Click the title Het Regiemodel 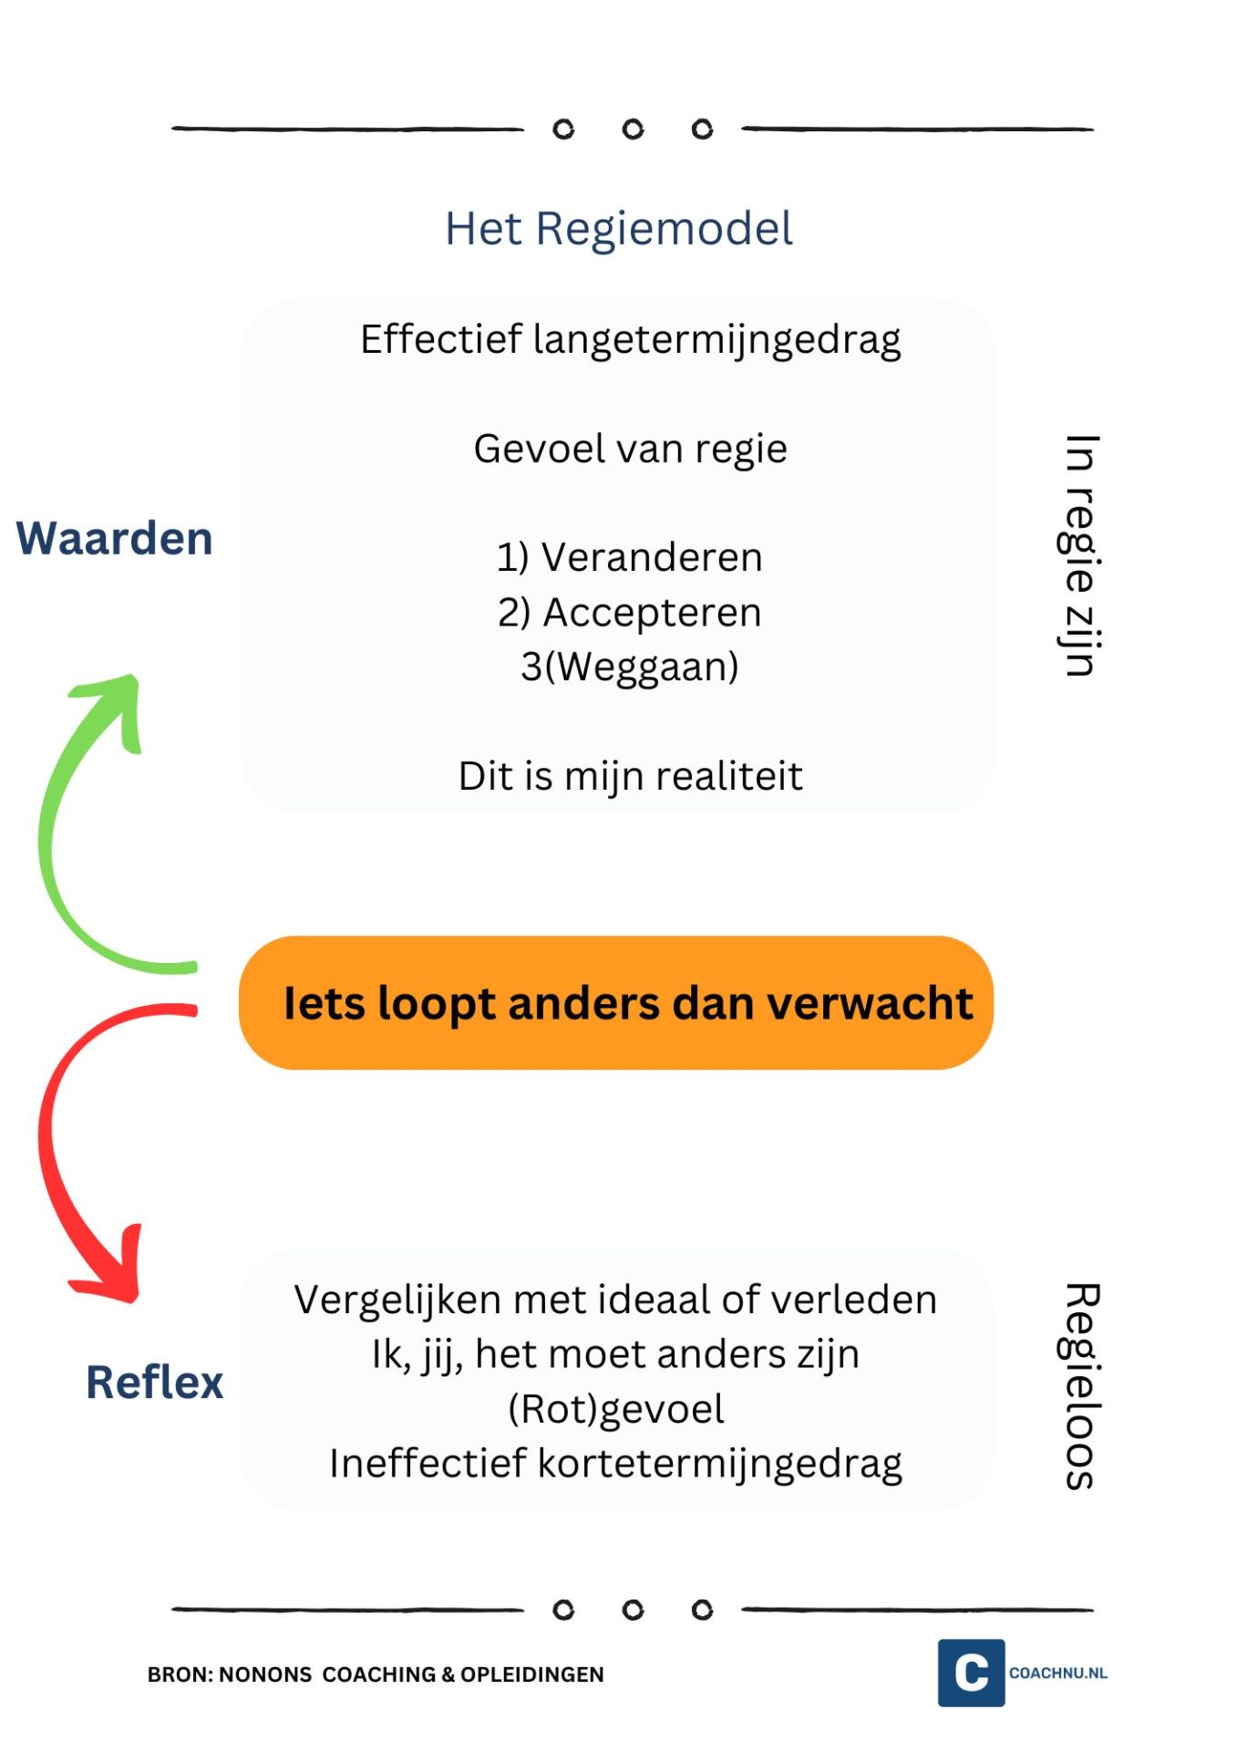[x=618, y=228]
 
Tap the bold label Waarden [x=115, y=538]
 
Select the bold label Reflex [x=155, y=1382]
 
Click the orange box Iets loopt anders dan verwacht [x=616, y=1002]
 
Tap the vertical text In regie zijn [x=1080, y=555]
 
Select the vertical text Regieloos [x=1082, y=1386]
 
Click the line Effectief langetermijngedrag [x=631, y=340]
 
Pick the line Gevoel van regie [x=631, y=449]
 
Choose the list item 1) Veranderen [x=630, y=557]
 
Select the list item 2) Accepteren [x=630, y=613]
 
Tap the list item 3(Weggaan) [x=630, y=667]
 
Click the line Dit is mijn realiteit [x=631, y=776]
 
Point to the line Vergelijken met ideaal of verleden [x=615, y=1300]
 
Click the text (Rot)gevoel [x=616, y=1410]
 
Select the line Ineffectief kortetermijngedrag [x=616, y=1465]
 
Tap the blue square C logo [x=972, y=1673]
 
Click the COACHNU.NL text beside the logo [x=1058, y=1673]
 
